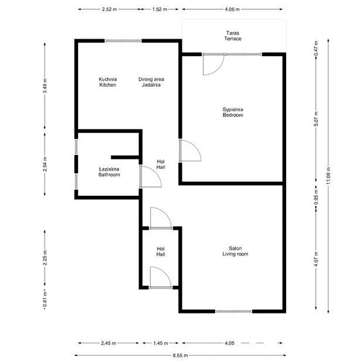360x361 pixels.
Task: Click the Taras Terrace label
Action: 233,36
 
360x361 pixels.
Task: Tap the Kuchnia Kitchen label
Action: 107,82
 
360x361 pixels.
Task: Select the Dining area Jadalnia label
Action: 151,82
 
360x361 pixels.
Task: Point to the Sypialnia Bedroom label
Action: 233,112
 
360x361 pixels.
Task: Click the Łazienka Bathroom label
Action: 109,172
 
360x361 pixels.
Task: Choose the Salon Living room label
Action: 235,251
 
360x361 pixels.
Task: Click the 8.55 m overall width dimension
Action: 180,356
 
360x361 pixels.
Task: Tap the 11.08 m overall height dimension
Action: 328,175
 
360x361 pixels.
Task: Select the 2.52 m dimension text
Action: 109,9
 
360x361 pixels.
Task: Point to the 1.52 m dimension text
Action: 159,9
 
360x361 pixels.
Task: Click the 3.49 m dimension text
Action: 45,86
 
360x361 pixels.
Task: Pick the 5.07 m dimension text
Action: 316,119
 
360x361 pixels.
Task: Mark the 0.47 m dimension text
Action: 316,48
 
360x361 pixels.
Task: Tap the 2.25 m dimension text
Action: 45,258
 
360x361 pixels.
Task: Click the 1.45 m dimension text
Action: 161,343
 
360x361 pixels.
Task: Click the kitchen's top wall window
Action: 123,41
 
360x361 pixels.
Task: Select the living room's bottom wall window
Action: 233,311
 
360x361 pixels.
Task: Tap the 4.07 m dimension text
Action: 316,259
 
